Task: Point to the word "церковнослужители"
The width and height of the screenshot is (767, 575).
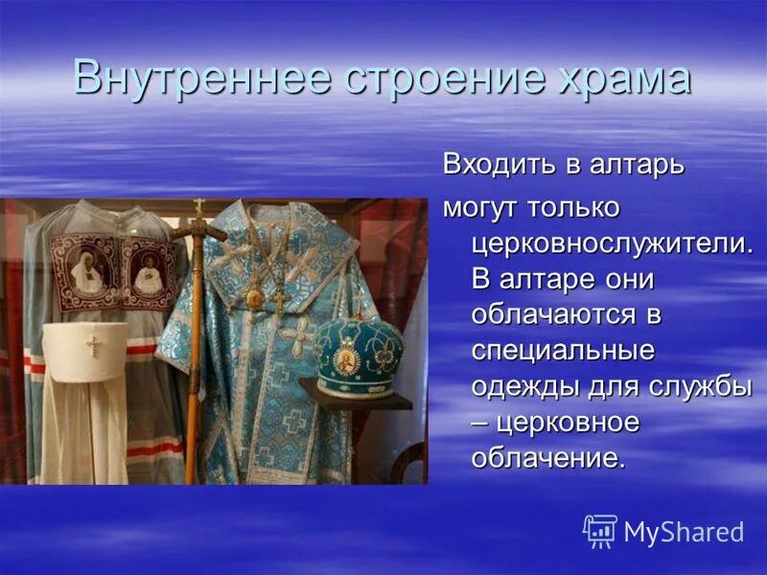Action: [610, 243]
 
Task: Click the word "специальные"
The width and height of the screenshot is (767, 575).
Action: [563, 351]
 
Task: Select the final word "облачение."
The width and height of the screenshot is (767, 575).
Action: [547, 458]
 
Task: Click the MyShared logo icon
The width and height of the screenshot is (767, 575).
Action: [600, 531]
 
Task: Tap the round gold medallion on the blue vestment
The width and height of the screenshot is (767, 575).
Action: [254, 298]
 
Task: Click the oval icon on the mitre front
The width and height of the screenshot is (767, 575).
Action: [346, 360]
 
